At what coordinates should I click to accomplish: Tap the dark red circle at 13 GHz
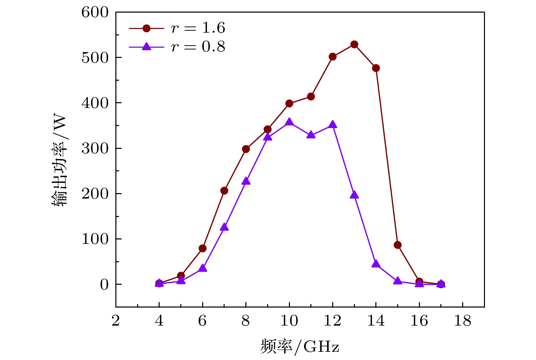pyautogui.click(x=354, y=44)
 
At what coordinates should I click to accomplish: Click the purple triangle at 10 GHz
pyautogui.click(x=289, y=122)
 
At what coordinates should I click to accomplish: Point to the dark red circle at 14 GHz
pyautogui.click(x=376, y=68)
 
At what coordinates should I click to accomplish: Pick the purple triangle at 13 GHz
pyautogui.click(x=354, y=195)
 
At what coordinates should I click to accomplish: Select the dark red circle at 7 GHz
pyautogui.click(x=224, y=191)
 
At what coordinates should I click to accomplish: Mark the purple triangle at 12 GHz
pyautogui.click(x=333, y=125)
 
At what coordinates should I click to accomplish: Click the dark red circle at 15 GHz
pyautogui.click(x=397, y=245)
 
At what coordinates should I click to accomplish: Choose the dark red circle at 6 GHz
pyautogui.click(x=202, y=248)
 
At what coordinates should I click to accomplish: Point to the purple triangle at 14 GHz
pyautogui.click(x=376, y=264)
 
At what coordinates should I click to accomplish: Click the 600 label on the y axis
pyautogui.click(x=95, y=13)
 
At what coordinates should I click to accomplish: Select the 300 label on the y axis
pyautogui.click(x=95, y=148)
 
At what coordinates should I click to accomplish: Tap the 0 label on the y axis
pyautogui.click(x=104, y=284)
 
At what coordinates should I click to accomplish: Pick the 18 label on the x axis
pyautogui.click(x=462, y=320)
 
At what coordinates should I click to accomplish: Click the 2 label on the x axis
pyautogui.click(x=116, y=320)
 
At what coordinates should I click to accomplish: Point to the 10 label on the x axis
pyautogui.click(x=289, y=320)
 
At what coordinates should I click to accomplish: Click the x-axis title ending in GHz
pyautogui.click(x=300, y=347)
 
